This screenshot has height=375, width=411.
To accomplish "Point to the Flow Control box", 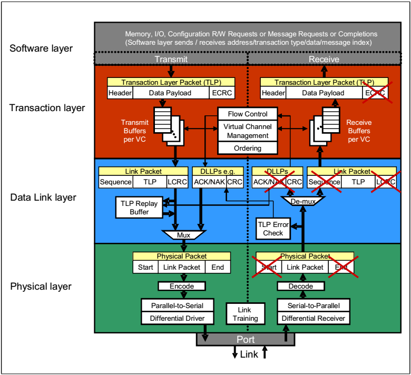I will (x=247, y=114).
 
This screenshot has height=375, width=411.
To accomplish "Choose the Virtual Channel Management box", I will (x=247, y=131).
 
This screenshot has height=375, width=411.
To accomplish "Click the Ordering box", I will (x=247, y=148).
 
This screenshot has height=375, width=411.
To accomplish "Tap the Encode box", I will (x=182, y=286).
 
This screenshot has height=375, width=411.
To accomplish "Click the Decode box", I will (x=302, y=286).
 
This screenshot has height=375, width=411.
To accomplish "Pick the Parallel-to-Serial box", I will (x=172, y=305).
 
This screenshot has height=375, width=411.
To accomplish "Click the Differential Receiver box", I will (x=313, y=318).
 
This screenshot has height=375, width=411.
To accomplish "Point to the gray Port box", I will (x=246, y=339).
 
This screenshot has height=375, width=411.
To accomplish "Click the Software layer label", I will (x=41, y=49).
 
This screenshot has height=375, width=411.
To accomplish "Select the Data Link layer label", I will (x=43, y=198).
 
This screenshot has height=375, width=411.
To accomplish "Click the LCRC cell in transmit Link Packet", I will (x=177, y=182).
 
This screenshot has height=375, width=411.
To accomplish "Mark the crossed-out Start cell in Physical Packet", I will (x=269, y=267).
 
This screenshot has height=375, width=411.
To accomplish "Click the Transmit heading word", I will (x=171, y=60).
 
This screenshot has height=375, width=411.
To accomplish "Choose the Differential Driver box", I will (x=172, y=318).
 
